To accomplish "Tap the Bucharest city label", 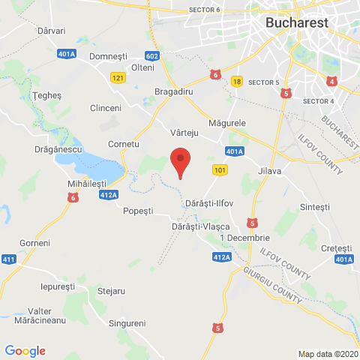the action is click(297, 22).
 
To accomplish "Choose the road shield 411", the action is click(9, 259).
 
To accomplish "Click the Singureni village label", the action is click(127, 322).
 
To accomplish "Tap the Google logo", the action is click(25, 351).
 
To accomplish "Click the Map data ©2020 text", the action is click(328, 354).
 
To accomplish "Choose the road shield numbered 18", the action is click(237, 82).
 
